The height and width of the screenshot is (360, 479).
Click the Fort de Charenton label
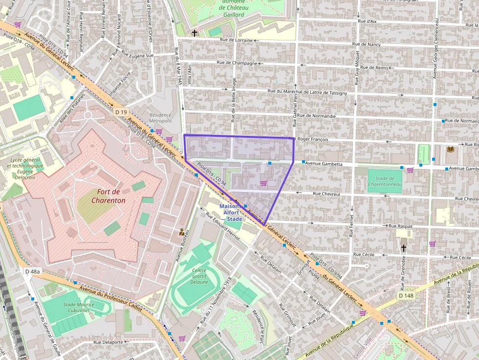108,196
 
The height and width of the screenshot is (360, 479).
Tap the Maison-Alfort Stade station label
229,212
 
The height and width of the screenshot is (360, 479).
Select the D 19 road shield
121,112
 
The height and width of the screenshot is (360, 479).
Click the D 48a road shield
33,271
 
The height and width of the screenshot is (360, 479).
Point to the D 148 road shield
406,296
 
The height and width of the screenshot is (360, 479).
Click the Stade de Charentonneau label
385,181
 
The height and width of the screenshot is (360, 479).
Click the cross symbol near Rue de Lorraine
195,33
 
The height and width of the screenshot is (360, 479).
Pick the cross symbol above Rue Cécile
403,248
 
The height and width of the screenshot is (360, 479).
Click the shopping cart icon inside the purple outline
263,183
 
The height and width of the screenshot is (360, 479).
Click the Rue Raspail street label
400,226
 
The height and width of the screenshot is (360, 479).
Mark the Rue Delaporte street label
109,342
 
